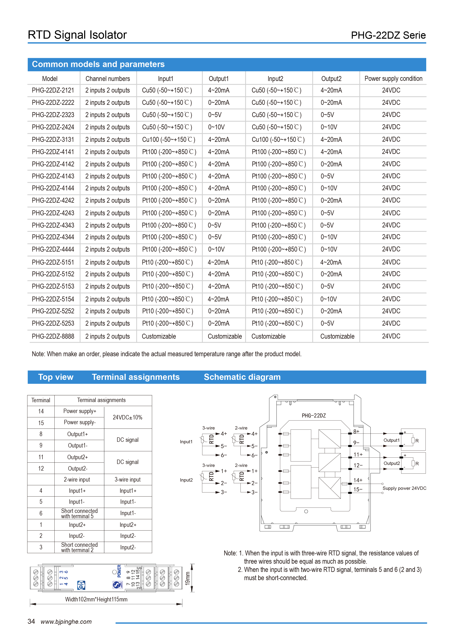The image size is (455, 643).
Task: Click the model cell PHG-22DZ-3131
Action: (53, 139)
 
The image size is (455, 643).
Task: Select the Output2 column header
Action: (331, 79)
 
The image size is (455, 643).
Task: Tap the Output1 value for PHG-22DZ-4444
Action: (216, 249)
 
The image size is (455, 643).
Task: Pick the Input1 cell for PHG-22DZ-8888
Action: (159, 336)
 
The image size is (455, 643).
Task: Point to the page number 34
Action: (31, 621)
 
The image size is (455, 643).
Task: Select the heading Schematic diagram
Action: (242, 377)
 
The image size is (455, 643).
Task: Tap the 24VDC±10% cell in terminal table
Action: (127, 417)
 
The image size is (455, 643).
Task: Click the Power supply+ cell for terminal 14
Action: (80, 411)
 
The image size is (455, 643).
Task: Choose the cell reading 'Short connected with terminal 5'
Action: (79, 513)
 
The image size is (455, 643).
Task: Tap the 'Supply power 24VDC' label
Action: (404, 488)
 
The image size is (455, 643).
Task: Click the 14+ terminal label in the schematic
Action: (358, 480)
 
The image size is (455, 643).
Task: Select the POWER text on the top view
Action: (119, 571)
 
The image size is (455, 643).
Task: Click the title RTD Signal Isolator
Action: (77, 35)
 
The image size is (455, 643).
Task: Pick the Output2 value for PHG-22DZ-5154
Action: (328, 299)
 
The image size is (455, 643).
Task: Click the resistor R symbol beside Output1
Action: (413, 440)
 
